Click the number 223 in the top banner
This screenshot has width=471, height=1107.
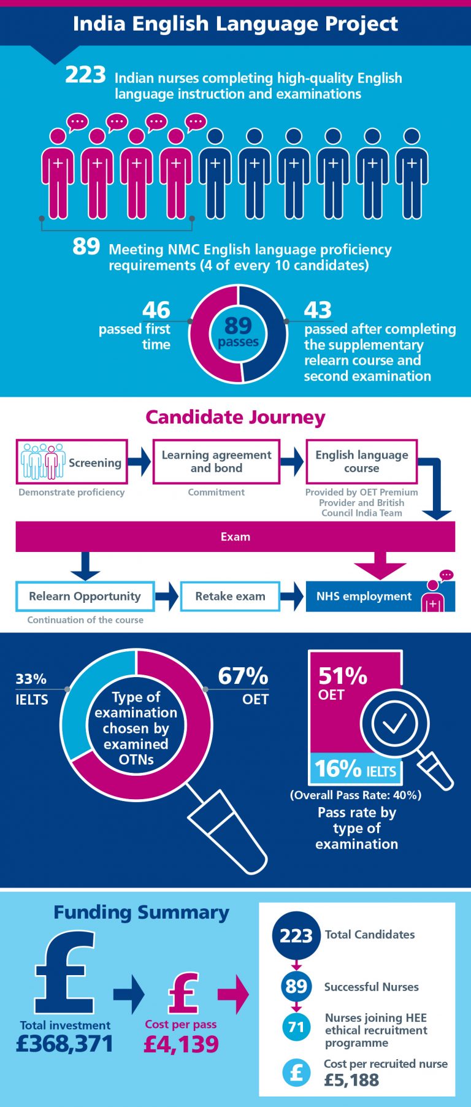[x=86, y=75]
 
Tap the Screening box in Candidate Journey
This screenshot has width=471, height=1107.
[x=72, y=462]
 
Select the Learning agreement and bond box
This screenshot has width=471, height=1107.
[x=216, y=462]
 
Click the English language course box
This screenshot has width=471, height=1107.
[x=361, y=462]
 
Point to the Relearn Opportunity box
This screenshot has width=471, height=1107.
[x=85, y=596]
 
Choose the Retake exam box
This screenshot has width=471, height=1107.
[x=230, y=596]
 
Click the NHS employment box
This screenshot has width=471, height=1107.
[x=380, y=596]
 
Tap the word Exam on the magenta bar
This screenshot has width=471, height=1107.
[x=235, y=537]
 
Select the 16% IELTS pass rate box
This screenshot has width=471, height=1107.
[x=356, y=769]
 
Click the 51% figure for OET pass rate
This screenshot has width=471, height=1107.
[x=342, y=676]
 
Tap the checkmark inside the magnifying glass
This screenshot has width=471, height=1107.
[x=394, y=724]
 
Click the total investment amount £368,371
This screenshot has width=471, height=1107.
[x=64, y=1044]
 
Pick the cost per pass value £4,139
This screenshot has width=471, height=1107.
[x=181, y=1044]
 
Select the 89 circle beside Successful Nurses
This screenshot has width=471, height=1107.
[x=296, y=986]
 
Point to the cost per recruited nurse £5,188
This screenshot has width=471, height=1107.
[x=351, y=1080]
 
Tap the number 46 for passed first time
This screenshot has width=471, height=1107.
[x=156, y=310]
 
